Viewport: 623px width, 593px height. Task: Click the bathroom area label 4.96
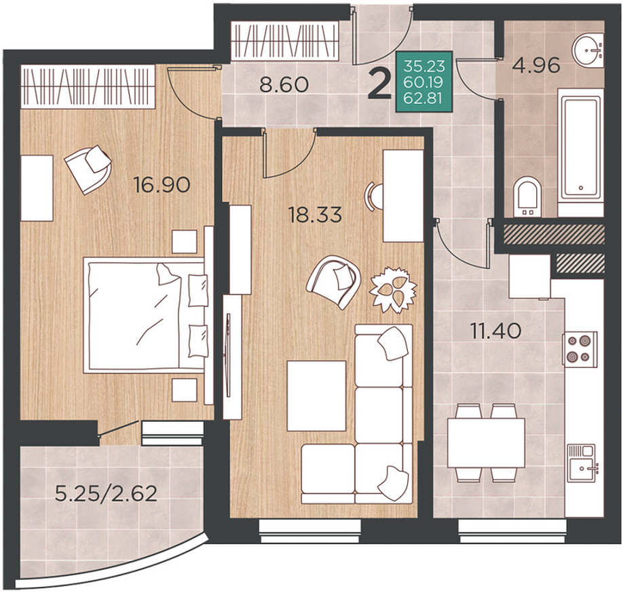[536, 65]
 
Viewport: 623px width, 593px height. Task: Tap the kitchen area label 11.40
[495, 331]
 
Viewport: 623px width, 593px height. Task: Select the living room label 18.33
[316, 215]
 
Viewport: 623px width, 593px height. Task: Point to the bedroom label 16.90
[162, 185]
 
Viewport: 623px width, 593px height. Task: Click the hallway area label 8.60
[284, 84]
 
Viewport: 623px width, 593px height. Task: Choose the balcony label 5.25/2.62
[106, 494]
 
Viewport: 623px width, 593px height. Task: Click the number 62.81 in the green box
[423, 97]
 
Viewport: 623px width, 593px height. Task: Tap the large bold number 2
[379, 84]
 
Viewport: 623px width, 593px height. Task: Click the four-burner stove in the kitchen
[580, 348]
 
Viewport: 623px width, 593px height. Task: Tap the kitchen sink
[582, 463]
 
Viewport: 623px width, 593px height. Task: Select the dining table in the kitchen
[486, 443]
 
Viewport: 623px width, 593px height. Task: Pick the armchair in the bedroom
[88, 168]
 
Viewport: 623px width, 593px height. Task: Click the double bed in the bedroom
[145, 315]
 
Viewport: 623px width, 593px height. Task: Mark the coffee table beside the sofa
[316, 396]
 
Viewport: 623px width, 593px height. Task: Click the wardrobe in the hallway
[284, 41]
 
